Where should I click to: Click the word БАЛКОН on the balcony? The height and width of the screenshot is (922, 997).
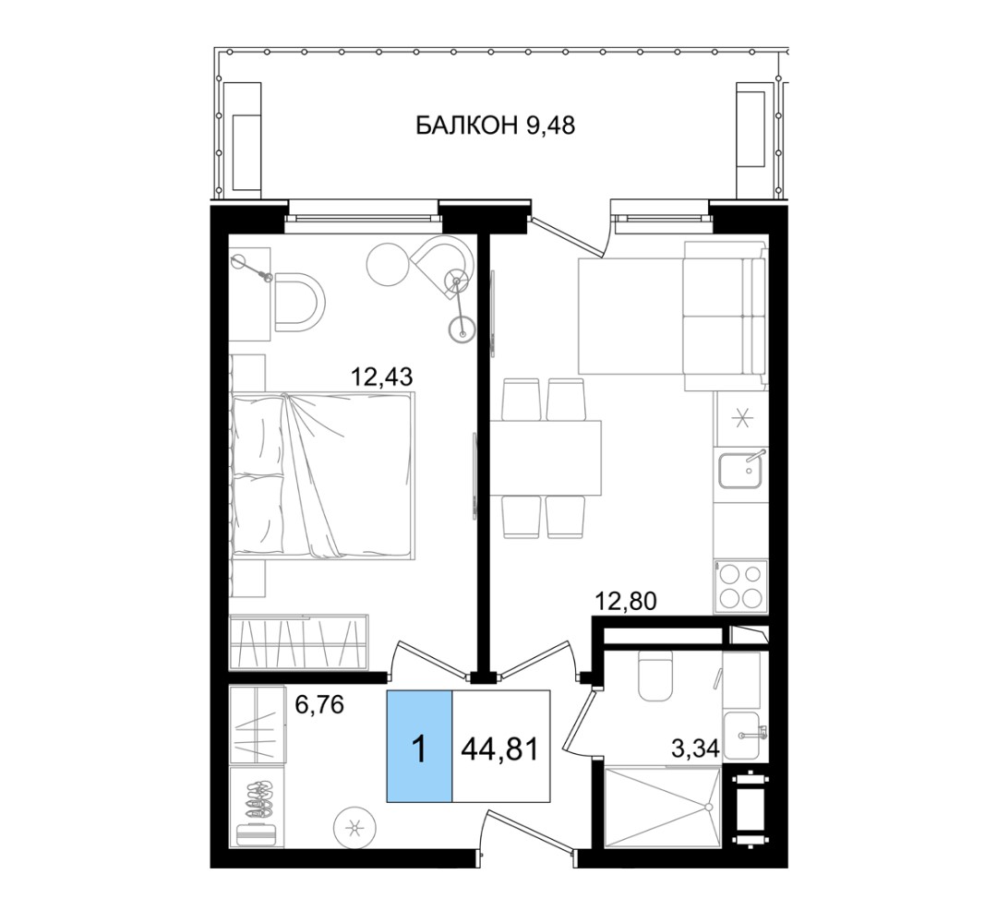[466, 126]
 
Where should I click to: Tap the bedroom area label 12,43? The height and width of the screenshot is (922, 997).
[382, 377]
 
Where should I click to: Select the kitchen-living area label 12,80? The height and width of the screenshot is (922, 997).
[625, 600]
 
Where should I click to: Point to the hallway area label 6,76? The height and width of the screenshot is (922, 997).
[319, 704]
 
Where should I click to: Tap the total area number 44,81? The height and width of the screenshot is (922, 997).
[499, 749]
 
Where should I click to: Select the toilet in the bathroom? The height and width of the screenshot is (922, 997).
[655, 677]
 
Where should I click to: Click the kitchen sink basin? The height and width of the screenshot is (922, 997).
[741, 470]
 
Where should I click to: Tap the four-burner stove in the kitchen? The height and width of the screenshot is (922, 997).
[740, 586]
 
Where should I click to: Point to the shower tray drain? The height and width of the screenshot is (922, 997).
[709, 807]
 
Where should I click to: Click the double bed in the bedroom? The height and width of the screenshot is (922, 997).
[323, 475]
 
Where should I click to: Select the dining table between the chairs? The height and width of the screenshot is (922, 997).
[546, 458]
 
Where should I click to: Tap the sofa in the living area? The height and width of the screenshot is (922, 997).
[725, 316]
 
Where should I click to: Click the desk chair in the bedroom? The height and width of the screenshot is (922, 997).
[299, 302]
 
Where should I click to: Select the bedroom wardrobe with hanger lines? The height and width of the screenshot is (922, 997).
[299, 641]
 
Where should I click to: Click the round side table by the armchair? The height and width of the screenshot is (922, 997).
[388, 265]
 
